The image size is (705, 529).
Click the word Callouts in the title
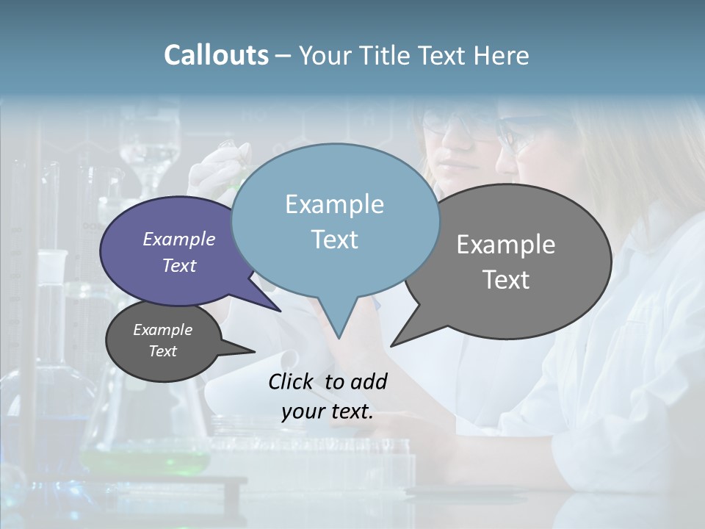coord(216,55)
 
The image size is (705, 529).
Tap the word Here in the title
coord(501,55)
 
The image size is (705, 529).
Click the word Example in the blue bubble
coord(334,204)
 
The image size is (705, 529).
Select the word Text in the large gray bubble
coord(506,280)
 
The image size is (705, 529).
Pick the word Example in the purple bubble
coord(179,240)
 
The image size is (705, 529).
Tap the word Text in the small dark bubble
coord(163,351)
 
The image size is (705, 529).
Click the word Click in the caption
coord(292,381)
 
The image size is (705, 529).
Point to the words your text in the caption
coord(328,412)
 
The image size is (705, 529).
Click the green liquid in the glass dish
coord(147,461)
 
